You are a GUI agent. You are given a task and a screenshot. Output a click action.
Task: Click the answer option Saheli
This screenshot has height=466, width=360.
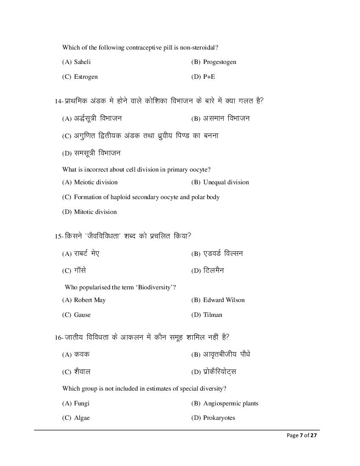tap(82, 62)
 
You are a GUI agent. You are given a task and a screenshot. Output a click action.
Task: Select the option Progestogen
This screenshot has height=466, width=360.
tap(219, 62)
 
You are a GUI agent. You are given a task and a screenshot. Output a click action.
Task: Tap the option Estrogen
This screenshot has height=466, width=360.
tap(86, 77)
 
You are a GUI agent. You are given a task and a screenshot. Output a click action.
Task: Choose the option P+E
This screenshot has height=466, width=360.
tap(209, 77)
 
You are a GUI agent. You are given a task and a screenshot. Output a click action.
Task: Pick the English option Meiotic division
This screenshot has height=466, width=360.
tap(96, 182)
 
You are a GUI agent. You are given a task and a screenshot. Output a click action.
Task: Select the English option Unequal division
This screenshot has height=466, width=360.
tap(226, 182)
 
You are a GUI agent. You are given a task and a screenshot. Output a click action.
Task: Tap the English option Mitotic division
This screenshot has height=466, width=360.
tap(95, 212)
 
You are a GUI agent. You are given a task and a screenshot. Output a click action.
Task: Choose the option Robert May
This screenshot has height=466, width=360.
tap(90, 300)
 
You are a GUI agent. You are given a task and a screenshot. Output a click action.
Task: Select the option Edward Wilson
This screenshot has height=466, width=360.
tap(224, 300)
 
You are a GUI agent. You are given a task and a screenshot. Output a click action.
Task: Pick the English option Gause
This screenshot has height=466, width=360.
tap(82, 315)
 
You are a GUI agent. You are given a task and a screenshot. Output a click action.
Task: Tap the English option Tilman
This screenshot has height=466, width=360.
tap(213, 315)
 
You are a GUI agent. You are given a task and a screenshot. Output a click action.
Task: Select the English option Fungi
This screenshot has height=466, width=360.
tap(82, 403)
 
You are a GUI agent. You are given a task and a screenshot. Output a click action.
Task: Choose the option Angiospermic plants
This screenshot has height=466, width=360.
tap(230, 403)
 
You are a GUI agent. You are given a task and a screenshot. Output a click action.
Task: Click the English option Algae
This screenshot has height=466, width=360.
tap(82, 418)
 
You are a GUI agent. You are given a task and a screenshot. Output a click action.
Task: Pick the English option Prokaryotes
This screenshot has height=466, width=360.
tap(219, 418)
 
